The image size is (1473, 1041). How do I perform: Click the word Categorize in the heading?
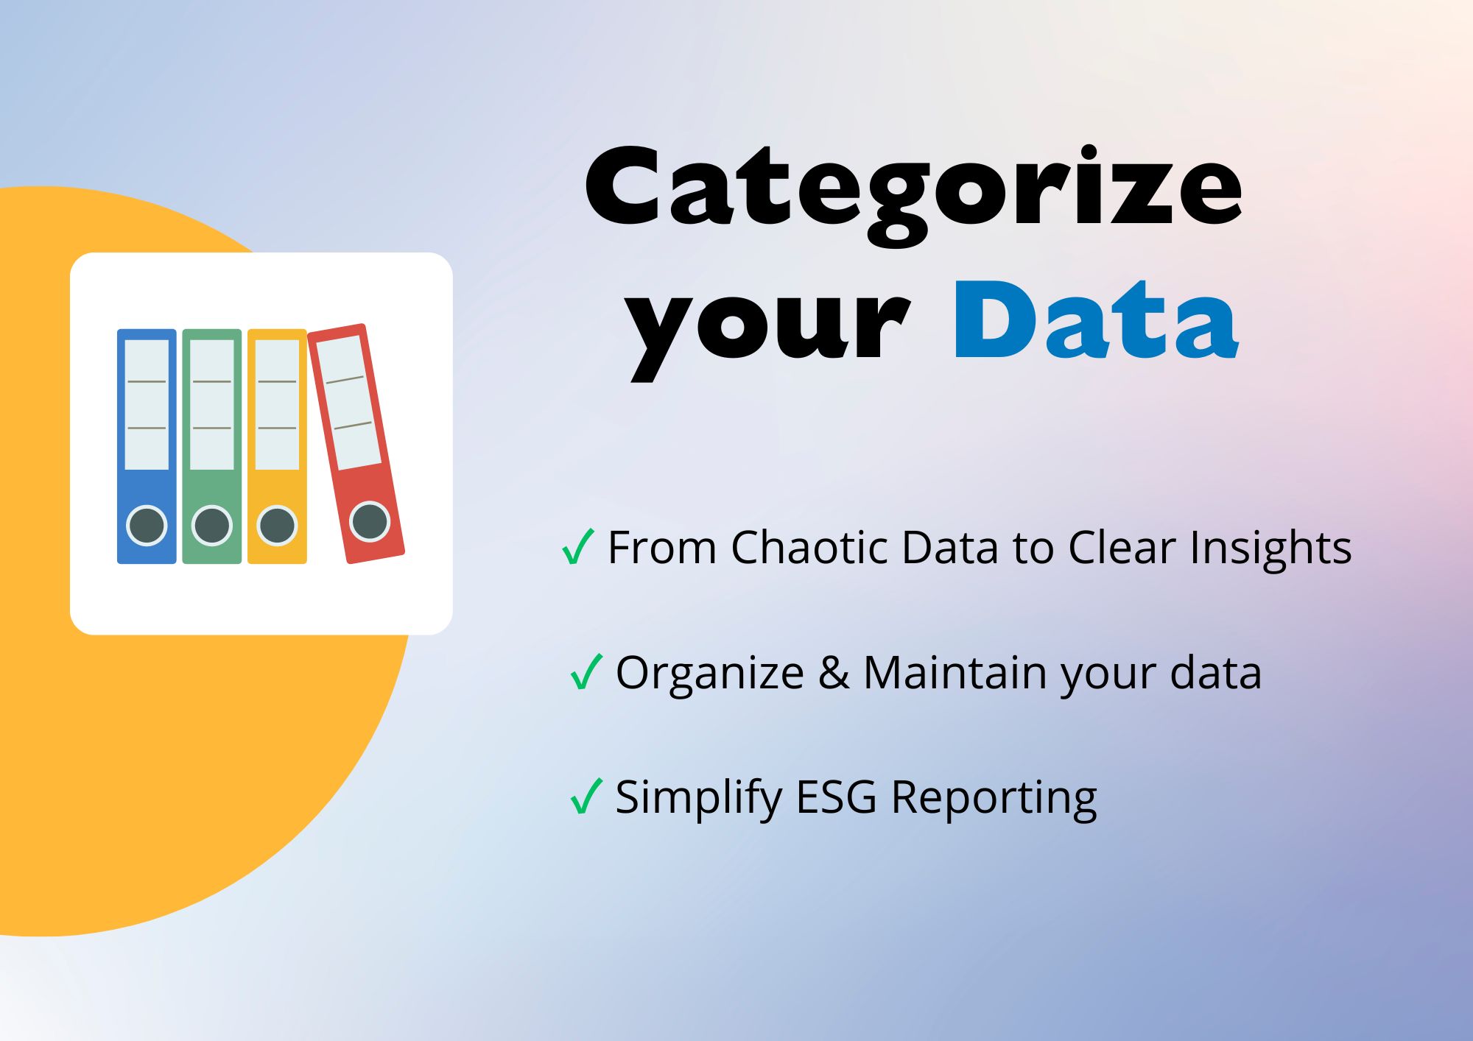913,195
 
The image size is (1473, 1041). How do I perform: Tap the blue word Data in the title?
1096,320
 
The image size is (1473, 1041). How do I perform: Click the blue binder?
147,446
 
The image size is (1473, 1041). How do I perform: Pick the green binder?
212,446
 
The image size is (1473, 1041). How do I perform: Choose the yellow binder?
277,446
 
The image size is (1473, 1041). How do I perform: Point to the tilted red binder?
356,443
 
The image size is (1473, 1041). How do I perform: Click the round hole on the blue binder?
147,526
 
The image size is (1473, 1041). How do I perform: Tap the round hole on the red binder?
369,521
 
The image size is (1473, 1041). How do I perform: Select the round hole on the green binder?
212,526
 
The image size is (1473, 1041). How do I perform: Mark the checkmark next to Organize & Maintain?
586,671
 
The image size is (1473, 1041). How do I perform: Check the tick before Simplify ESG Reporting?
586,796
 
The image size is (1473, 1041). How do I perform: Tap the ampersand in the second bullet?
834,673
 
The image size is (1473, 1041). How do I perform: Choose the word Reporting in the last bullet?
994,800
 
